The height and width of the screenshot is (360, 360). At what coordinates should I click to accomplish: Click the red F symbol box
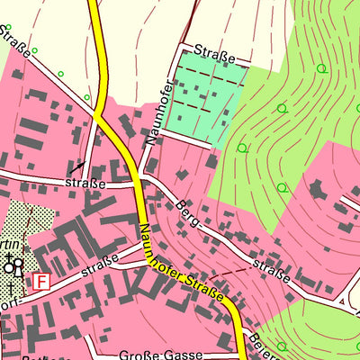[x=41, y=282]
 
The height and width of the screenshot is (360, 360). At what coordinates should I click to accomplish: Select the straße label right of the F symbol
[x=99, y=269]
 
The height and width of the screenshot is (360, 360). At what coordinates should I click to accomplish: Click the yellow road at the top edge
[x=94, y=5]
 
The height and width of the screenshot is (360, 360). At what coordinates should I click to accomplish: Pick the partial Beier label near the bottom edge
[x=264, y=341]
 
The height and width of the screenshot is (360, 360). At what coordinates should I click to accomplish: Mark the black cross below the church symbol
[x=11, y=288]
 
